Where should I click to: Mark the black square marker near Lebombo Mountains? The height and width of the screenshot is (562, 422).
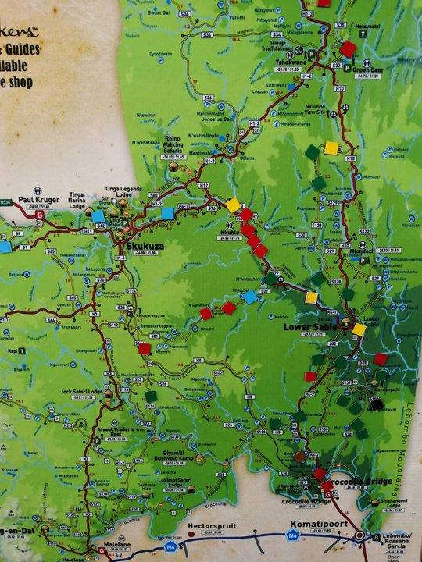[x=377, y=405]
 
